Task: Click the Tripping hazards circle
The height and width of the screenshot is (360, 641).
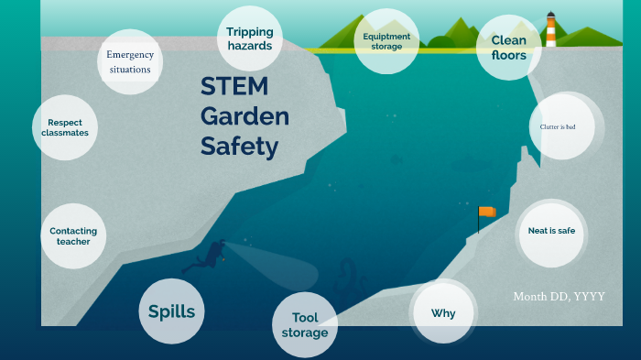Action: click(x=250, y=38)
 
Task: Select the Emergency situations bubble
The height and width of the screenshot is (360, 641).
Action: click(x=130, y=61)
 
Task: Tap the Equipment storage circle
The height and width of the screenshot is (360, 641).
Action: click(x=386, y=41)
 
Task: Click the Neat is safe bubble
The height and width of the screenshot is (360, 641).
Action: click(x=551, y=231)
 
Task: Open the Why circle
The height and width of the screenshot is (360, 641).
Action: click(x=443, y=313)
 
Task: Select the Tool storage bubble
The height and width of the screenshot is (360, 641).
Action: click(x=305, y=324)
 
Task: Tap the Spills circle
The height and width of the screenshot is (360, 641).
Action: click(x=172, y=311)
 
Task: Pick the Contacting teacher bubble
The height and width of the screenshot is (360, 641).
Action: click(x=73, y=236)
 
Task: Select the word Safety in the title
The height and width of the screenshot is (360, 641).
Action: click(x=239, y=147)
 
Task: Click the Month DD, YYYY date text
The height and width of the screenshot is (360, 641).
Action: click(x=559, y=296)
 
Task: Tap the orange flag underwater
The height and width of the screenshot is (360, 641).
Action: click(x=486, y=212)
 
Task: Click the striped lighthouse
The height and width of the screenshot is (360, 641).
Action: click(x=550, y=31)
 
